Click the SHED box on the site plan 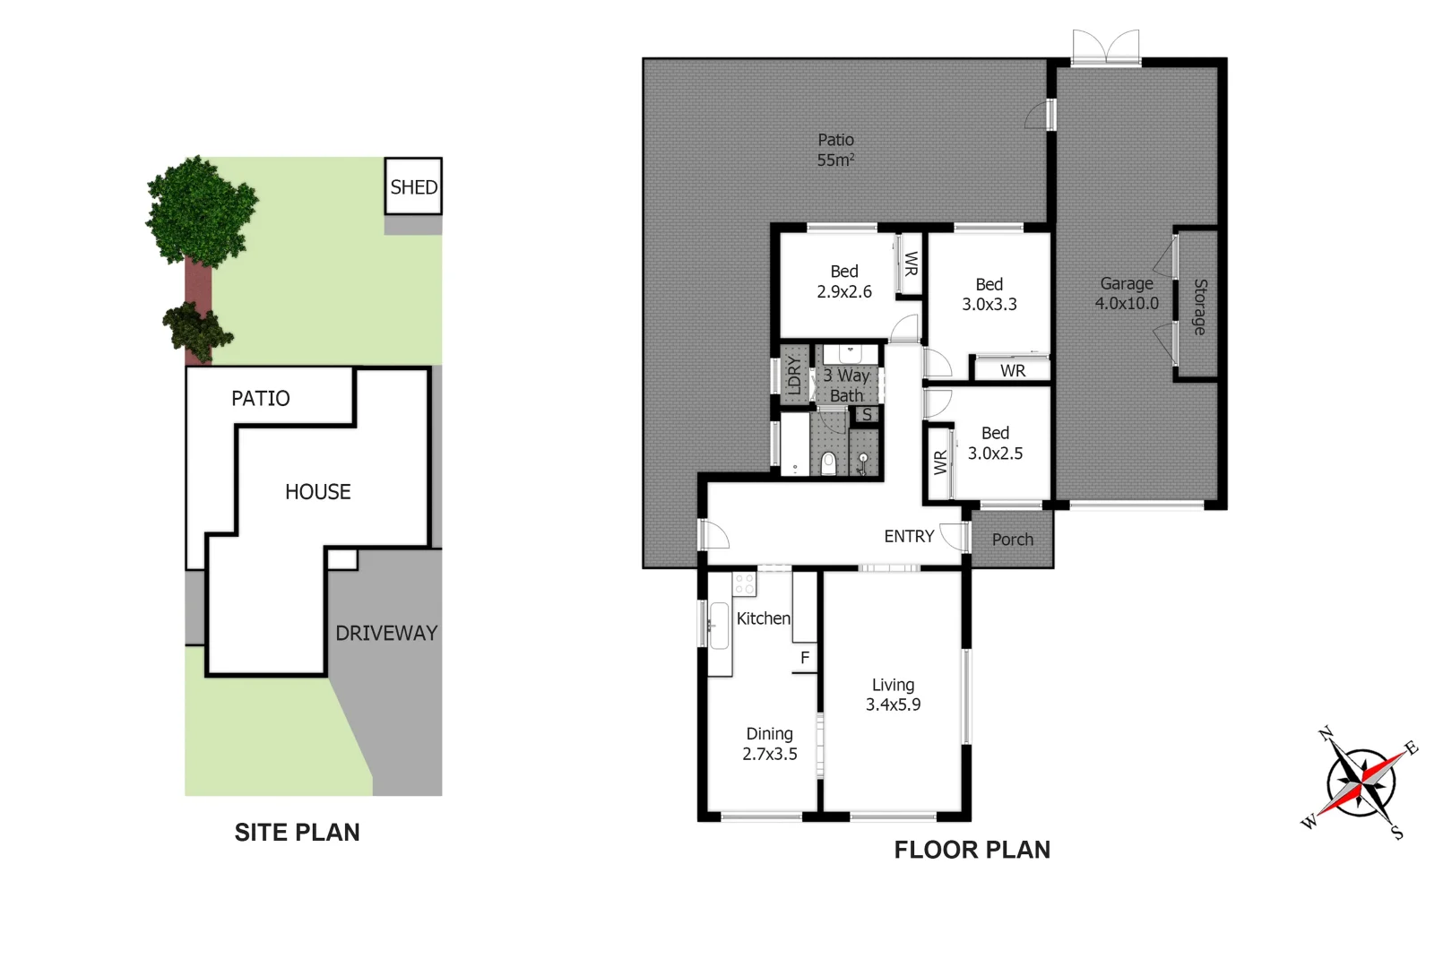pyautogui.click(x=413, y=186)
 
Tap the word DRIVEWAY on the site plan pyautogui.click(x=386, y=633)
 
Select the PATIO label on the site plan pyautogui.click(x=261, y=398)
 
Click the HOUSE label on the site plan pyautogui.click(x=317, y=491)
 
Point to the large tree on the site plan pyautogui.click(x=199, y=212)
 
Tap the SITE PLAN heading pyautogui.click(x=297, y=833)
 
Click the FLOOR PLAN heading pyautogui.click(x=972, y=850)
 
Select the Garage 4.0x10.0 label pyautogui.click(x=1127, y=293)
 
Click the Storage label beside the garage pyautogui.click(x=1199, y=307)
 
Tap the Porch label pyautogui.click(x=1012, y=540)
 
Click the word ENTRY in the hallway pyautogui.click(x=909, y=536)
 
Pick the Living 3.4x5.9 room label pyautogui.click(x=893, y=695)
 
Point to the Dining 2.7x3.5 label pyautogui.click(x=769, y=744)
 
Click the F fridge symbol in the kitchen pyautogui.click(x=805, y=658)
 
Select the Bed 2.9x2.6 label pyautogui.click(x=843, y=281)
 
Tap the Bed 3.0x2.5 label pyautogui.click(x=995, y=444)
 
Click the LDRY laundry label pyautogui.click(x=793, y=376)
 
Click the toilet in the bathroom pyautogui.click(x=828, y=462)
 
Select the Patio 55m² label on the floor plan pyautogui.click(x=835, y=150)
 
